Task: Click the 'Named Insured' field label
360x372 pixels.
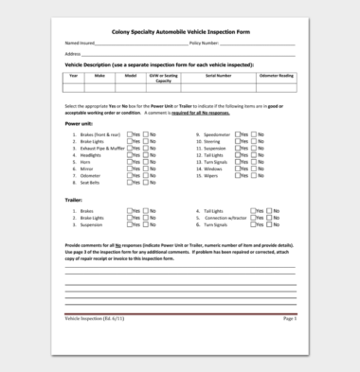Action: click(80, 44)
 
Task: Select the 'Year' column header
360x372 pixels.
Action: click(74, 75)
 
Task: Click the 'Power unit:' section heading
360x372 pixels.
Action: click(79, 124)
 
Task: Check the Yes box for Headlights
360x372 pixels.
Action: click(132, 155)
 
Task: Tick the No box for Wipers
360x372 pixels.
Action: click(255, 176)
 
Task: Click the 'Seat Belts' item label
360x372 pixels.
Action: click(92, 183)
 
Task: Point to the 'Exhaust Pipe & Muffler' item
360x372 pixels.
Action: click(102, 149)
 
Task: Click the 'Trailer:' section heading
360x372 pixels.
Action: click(74, 201)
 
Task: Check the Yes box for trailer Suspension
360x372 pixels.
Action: click(132, 225)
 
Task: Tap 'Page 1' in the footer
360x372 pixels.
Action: click(289, 320)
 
